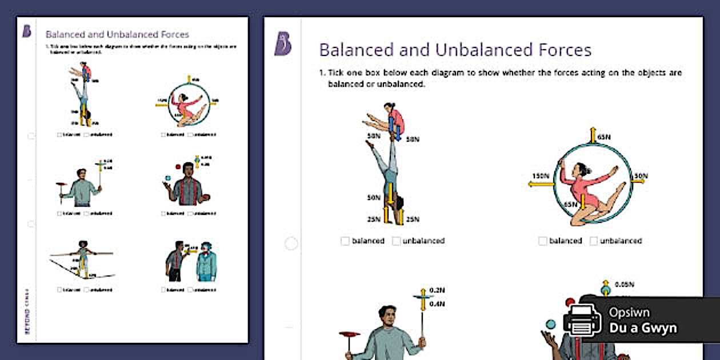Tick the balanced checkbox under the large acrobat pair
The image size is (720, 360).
[x=345, y=241]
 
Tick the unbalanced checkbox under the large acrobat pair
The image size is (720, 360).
[x=397, y=241]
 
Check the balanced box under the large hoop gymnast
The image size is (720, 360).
[x=542, y=241]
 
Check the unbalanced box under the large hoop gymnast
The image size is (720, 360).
[x=594, y=241]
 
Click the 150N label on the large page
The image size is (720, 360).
[x=541, y=175]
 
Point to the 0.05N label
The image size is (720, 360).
[x=625, y=284]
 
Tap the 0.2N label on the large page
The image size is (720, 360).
[x=437, y=290]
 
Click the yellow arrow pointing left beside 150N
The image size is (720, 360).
[x=541, y=184]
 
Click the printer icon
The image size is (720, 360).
[x=582, y=321]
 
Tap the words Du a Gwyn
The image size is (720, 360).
[x=643, y=328]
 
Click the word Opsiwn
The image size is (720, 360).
[x=629, y=313]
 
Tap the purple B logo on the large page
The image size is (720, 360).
[x=282, y=44]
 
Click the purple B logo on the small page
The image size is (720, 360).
[x=27, y=31]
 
